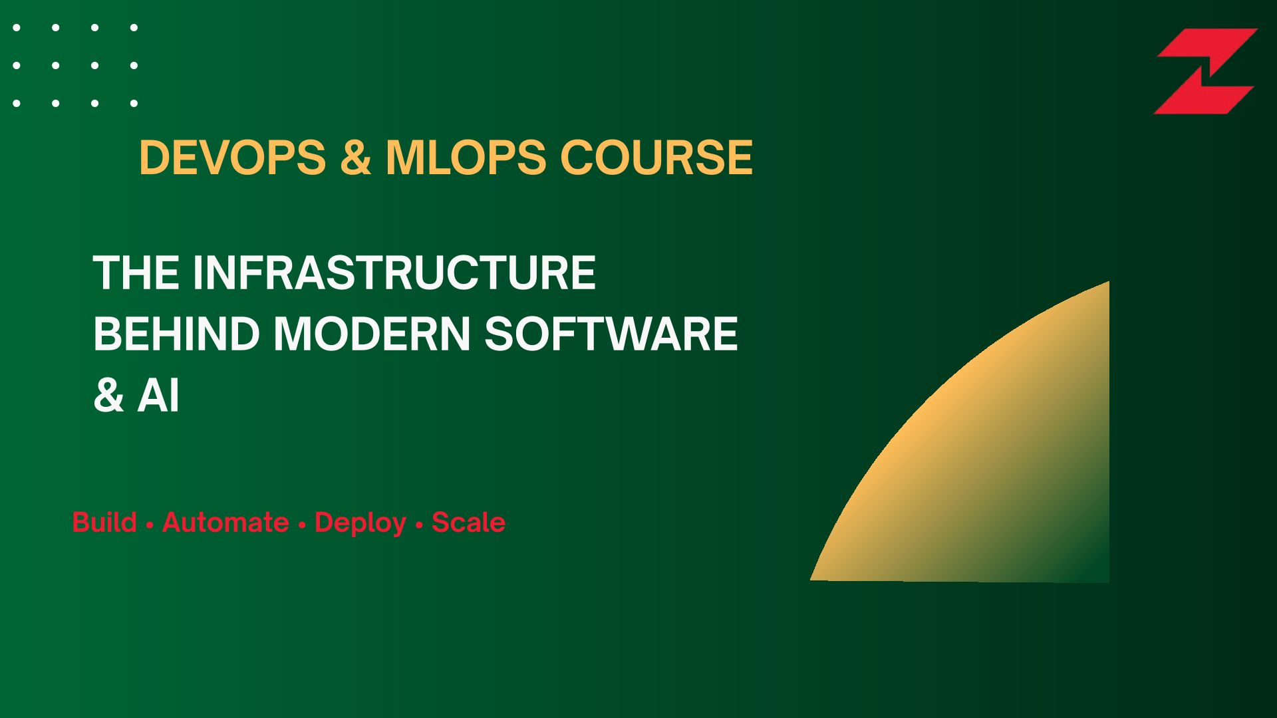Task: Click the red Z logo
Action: [1205, 71]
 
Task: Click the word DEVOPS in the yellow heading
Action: [233, 158]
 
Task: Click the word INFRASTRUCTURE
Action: [394, 273]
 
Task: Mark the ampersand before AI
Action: [108, 397]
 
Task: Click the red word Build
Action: [104, 523]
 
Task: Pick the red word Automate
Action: [225, 523]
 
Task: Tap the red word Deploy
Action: [360, 524]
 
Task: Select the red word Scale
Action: [469, 523]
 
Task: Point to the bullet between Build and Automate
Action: [150, 525]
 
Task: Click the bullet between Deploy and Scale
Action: [419, 525]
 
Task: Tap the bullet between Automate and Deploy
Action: [302, 525]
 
